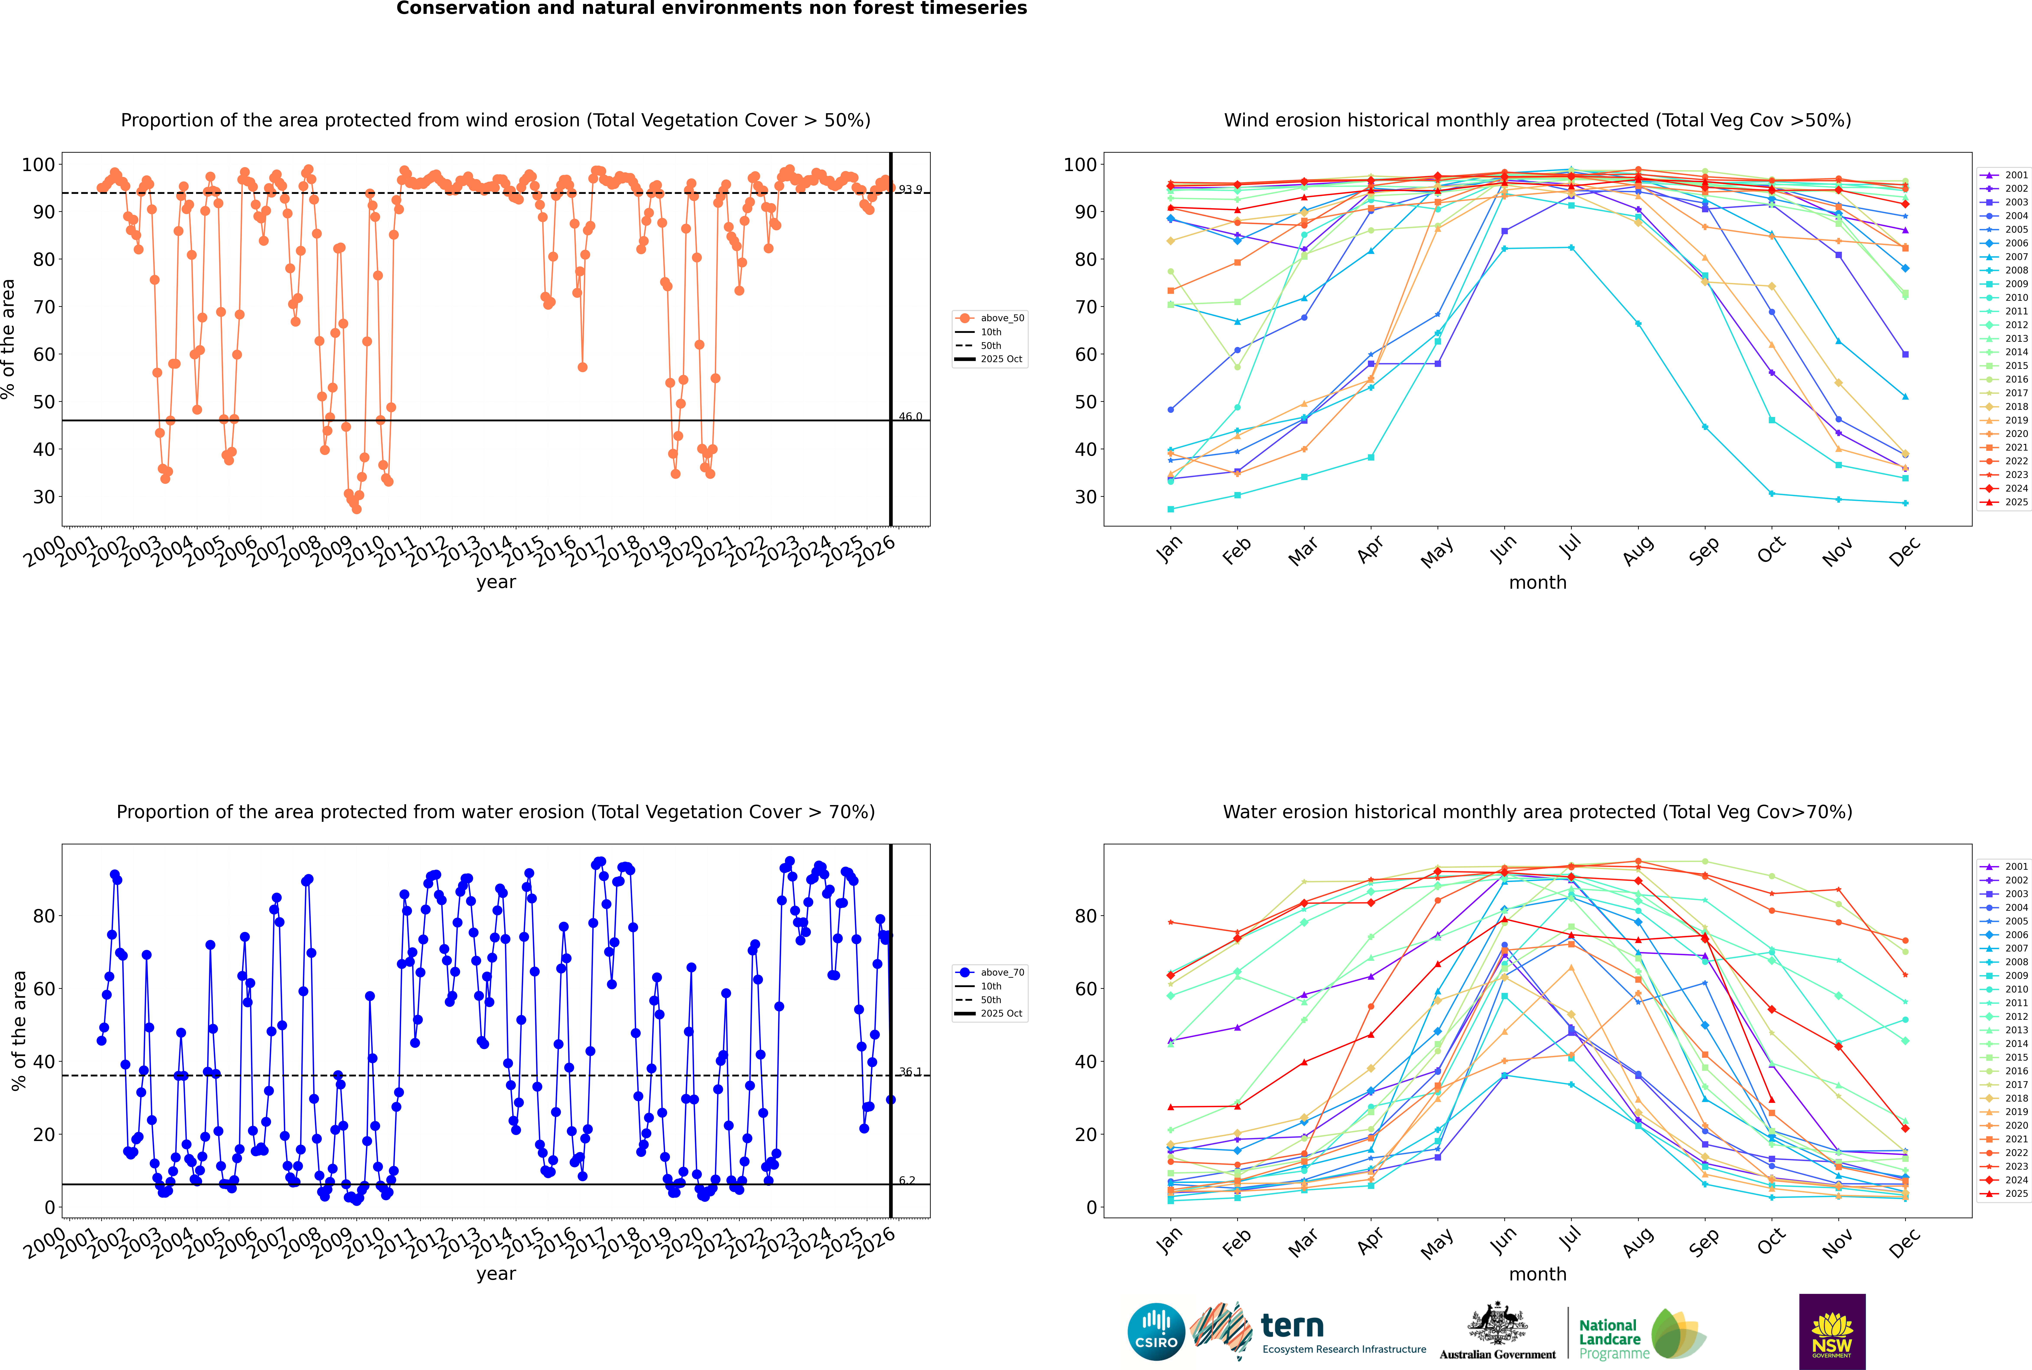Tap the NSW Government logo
pos(1832,1331)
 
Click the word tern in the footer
pos(1292,1326)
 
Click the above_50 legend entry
pos(1001,318)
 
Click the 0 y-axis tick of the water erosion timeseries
pos(50,1208)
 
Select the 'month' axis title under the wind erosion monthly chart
pos(1537,583)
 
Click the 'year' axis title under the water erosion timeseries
pos(496,1274)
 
